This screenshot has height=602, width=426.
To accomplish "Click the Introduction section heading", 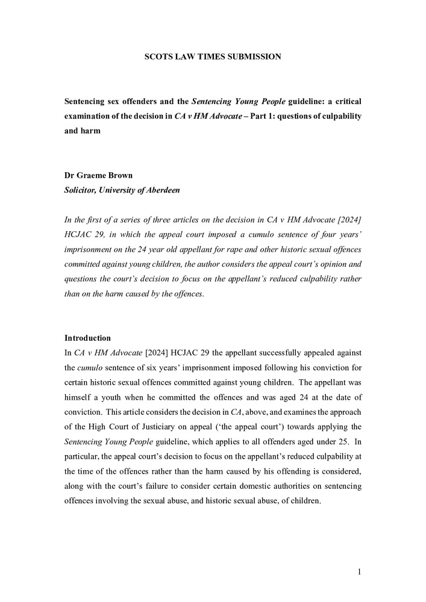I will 87,338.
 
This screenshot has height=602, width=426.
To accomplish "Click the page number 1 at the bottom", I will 359,572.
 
